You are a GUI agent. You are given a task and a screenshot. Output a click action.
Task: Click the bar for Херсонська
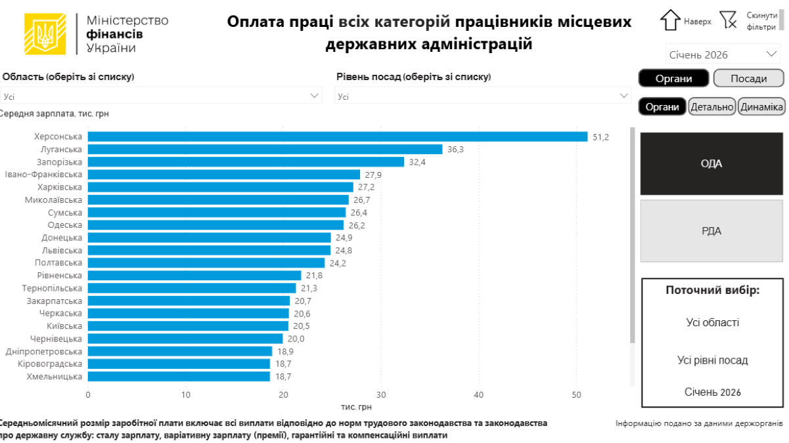[338, 137]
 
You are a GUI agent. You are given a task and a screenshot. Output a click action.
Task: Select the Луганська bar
[265, 149]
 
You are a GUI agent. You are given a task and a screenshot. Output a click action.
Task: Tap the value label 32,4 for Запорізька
[417, 162]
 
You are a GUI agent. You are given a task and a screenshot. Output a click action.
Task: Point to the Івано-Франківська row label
[43, 175]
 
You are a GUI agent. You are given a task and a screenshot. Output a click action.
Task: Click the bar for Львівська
[209, 250]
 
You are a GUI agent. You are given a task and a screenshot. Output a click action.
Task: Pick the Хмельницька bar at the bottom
[179, 377]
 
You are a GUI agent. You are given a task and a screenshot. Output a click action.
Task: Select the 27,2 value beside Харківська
[367, 187]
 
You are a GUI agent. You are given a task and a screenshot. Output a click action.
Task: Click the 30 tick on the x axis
[381, 395]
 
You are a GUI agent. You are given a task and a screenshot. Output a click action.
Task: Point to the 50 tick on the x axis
[576, 395]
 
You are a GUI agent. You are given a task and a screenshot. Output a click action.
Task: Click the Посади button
[748, 79]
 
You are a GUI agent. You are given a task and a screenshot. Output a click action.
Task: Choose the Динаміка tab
[761, 106]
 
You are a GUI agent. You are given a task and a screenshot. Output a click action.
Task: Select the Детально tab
[711, 106]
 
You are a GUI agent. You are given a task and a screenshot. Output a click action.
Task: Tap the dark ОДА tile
[711, 163]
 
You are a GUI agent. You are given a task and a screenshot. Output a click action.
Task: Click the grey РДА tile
[711, 231]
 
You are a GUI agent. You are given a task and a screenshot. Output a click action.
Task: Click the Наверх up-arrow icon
[669, 20]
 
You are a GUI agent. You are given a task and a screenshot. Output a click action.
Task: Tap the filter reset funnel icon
[728, 20]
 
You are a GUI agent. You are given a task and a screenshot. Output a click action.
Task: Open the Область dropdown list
[161, 96]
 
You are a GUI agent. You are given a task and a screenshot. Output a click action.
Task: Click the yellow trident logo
[45, 34]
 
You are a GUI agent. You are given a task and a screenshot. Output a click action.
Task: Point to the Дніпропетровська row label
[44, 351]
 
